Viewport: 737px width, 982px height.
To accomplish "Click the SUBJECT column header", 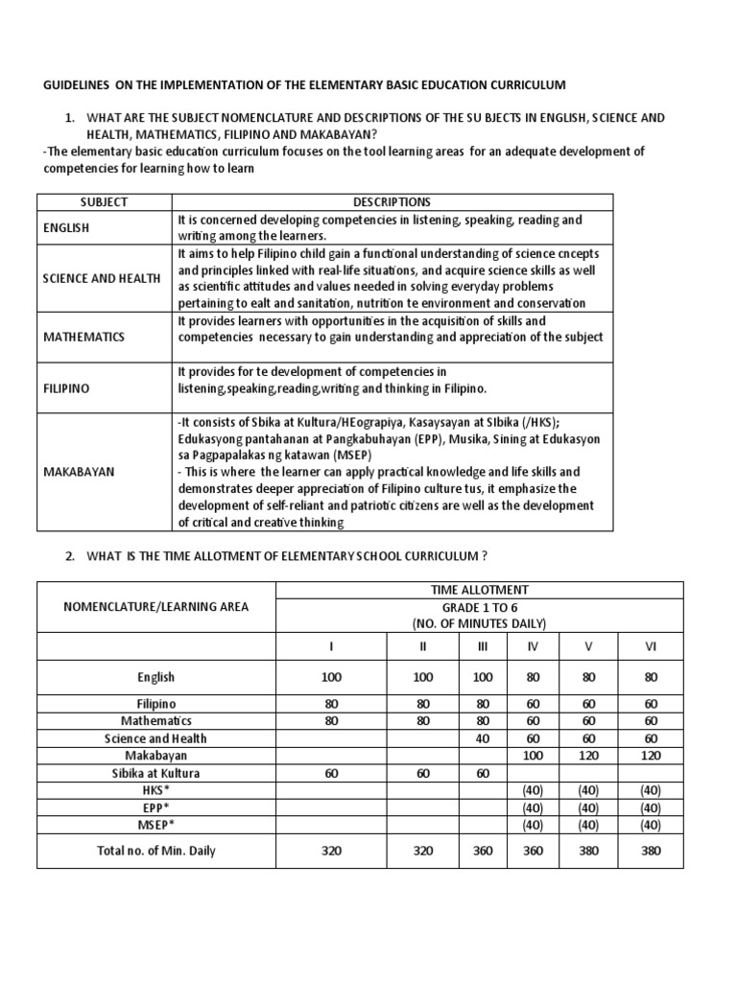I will point(105,202).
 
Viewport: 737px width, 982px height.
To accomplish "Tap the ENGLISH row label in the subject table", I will point(66,229).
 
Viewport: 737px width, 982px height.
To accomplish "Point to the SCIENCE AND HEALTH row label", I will point(102,278).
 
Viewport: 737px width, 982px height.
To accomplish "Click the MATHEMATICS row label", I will point(84,338).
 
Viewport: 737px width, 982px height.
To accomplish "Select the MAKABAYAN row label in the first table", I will point(77,472).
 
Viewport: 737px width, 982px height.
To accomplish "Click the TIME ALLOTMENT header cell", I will point(479,591).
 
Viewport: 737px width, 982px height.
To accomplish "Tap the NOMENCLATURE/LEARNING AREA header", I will point(155,606).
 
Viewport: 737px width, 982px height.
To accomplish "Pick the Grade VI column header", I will point(651,647).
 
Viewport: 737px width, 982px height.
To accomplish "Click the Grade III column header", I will point(483,647).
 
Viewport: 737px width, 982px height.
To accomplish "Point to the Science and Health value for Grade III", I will point(483,738).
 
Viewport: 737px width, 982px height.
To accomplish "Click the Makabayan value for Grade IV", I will point(533,756).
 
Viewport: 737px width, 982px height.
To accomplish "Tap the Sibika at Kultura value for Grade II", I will point(423,773).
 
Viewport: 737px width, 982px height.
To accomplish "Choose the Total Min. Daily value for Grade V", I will point(590,850).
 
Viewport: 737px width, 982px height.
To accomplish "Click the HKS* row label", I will point(156,790).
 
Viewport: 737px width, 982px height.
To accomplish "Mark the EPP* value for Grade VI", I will point(651,807).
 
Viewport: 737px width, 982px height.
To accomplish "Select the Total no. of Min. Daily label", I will point(156,850).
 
